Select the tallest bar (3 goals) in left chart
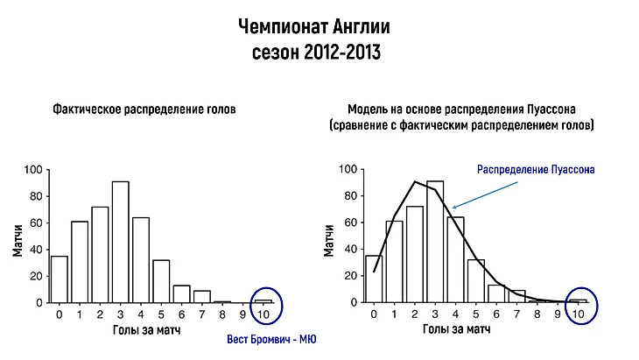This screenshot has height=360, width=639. pyautogui.click(x=121, y=243)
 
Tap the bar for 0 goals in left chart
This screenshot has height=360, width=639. pyautogui.click(x=60, y=279)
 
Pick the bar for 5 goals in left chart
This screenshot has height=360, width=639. pyautogui.click(x=162, y=281)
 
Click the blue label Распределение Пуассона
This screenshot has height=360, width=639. pyautogui.click(x=536, y=168)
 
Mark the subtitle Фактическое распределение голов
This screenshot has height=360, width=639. pyautogui.click(x=144, y=110)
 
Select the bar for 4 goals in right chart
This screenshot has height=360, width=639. pyautogui.click(x=455, y=259)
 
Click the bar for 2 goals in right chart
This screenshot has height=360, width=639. pyautogui.click(x=414, y=255)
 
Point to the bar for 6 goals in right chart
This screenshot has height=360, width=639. pyautogui.click(x=496, y=293)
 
